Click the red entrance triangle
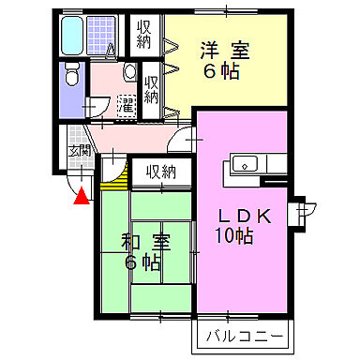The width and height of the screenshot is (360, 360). coord(82,196)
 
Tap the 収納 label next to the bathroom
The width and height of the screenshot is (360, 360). coord(143,34)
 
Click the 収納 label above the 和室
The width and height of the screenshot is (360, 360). coord(160,172)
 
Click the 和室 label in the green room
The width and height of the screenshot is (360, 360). coord(144,241)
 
